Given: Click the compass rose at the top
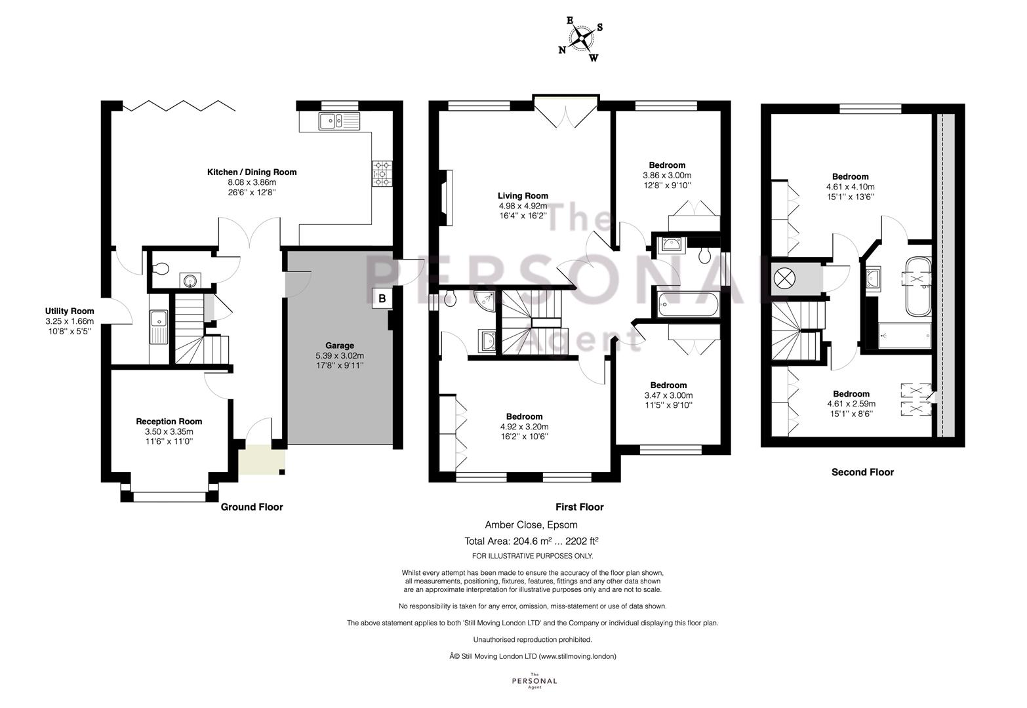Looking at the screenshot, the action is (581, 39).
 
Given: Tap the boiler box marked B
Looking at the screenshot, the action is (382, 298).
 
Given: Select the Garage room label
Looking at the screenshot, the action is (340, 345).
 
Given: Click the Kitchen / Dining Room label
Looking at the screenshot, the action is (252, 172).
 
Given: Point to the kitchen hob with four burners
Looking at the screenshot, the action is (382, 174).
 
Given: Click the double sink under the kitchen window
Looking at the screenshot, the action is (339, 121).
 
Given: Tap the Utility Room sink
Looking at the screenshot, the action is (159, 327).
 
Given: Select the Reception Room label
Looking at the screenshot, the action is (169, 421).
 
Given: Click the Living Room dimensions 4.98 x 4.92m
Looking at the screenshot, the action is (523, 206).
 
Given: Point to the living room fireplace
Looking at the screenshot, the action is (446, 197).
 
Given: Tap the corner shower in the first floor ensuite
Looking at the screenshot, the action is (485, 301).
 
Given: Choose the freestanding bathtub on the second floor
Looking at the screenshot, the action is (918, 286).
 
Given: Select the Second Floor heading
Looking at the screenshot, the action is (862, 472).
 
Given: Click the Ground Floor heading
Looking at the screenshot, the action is (252, 507).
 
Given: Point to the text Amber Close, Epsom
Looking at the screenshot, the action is (531, 524).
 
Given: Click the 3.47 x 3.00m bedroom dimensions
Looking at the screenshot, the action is (668, 395).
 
